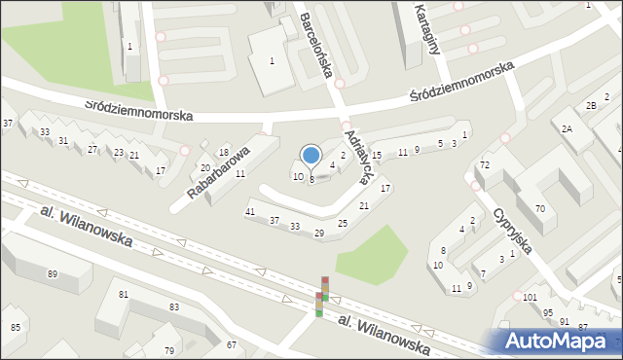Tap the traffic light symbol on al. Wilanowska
(x=322, y=297)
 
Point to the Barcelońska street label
(x=317, y=45)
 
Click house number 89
(x=52, y=274)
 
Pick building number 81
(x=124, y=294)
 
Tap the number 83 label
(x=173, y=306)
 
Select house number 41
(x=250, y=211)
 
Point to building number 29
(x=318, y=233)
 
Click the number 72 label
(x=484, y=165)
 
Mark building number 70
(x=539, y=209)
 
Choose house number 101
(x=530, y=297)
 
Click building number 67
(x=231, y=344)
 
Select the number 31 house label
(x=63, y=141)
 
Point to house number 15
(x=376, y=156)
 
